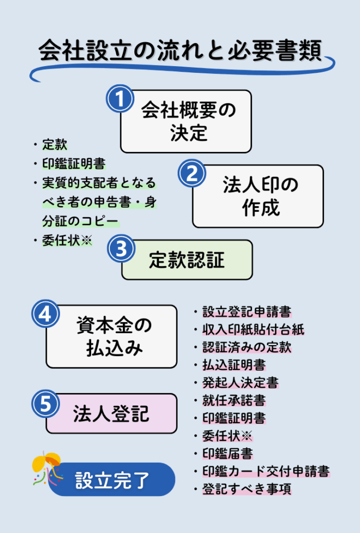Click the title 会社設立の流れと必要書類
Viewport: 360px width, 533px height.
click(180, 52)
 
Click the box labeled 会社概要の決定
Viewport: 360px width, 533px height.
click(186, 121)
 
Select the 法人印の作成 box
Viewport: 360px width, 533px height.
click(258, 196)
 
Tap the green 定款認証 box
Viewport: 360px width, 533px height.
click(187, 260)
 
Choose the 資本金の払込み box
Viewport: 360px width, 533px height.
click(111, 336)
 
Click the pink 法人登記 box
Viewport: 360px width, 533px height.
click(111, 413)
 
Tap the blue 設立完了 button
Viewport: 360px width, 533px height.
click(111, 479)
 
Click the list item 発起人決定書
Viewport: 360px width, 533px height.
click(240, 383)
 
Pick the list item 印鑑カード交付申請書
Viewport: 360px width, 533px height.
click(266, 472)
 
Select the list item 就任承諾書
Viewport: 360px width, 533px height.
click(234, 401)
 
